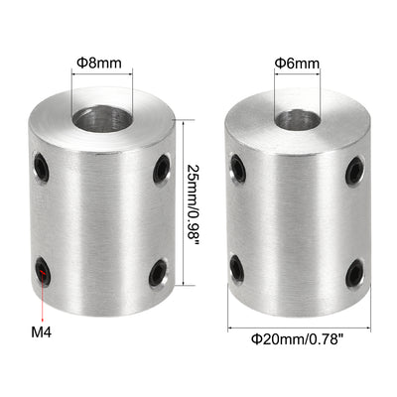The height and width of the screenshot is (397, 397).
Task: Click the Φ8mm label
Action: click(98, 63)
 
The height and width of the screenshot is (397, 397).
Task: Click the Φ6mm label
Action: click(297, 65)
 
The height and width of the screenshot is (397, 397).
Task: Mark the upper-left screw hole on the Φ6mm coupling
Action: click(236, 163)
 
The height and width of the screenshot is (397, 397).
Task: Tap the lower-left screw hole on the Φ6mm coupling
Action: click(237, 266)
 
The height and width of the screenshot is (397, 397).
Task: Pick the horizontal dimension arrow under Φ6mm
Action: click(297, 80)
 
